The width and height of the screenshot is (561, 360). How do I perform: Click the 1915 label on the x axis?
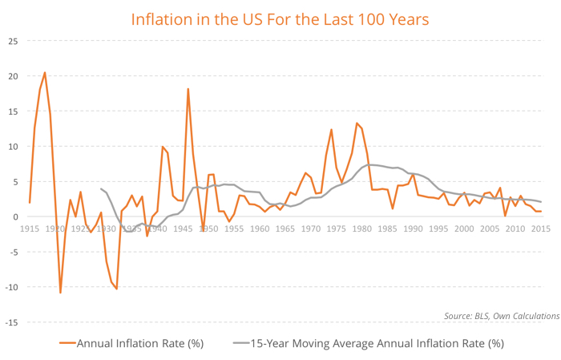pyautogui.click(x=30, y=229)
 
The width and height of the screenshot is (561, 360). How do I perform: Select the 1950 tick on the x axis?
pyautogui.click(x=208, y=229)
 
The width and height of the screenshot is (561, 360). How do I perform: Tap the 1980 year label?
pyautogui.click(x=361, y=229)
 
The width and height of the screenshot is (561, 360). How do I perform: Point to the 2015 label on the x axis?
pyautogui.click(x=539, y=229)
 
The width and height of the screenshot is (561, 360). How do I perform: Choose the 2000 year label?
pyautogui.click(x=463, y=229)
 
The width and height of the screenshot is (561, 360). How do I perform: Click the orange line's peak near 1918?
pyautogui.click(x=45, y=73)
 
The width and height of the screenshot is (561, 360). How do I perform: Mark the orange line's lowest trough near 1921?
pyautogui.click(x=60, y=293)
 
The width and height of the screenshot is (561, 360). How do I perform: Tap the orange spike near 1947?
pyautogui.click(x=188, y=89)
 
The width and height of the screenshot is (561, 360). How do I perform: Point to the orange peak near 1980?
pyautogui.click(x=357, y=123)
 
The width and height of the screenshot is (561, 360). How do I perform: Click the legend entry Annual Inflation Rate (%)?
pyautogui.click(x=140, y=343)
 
